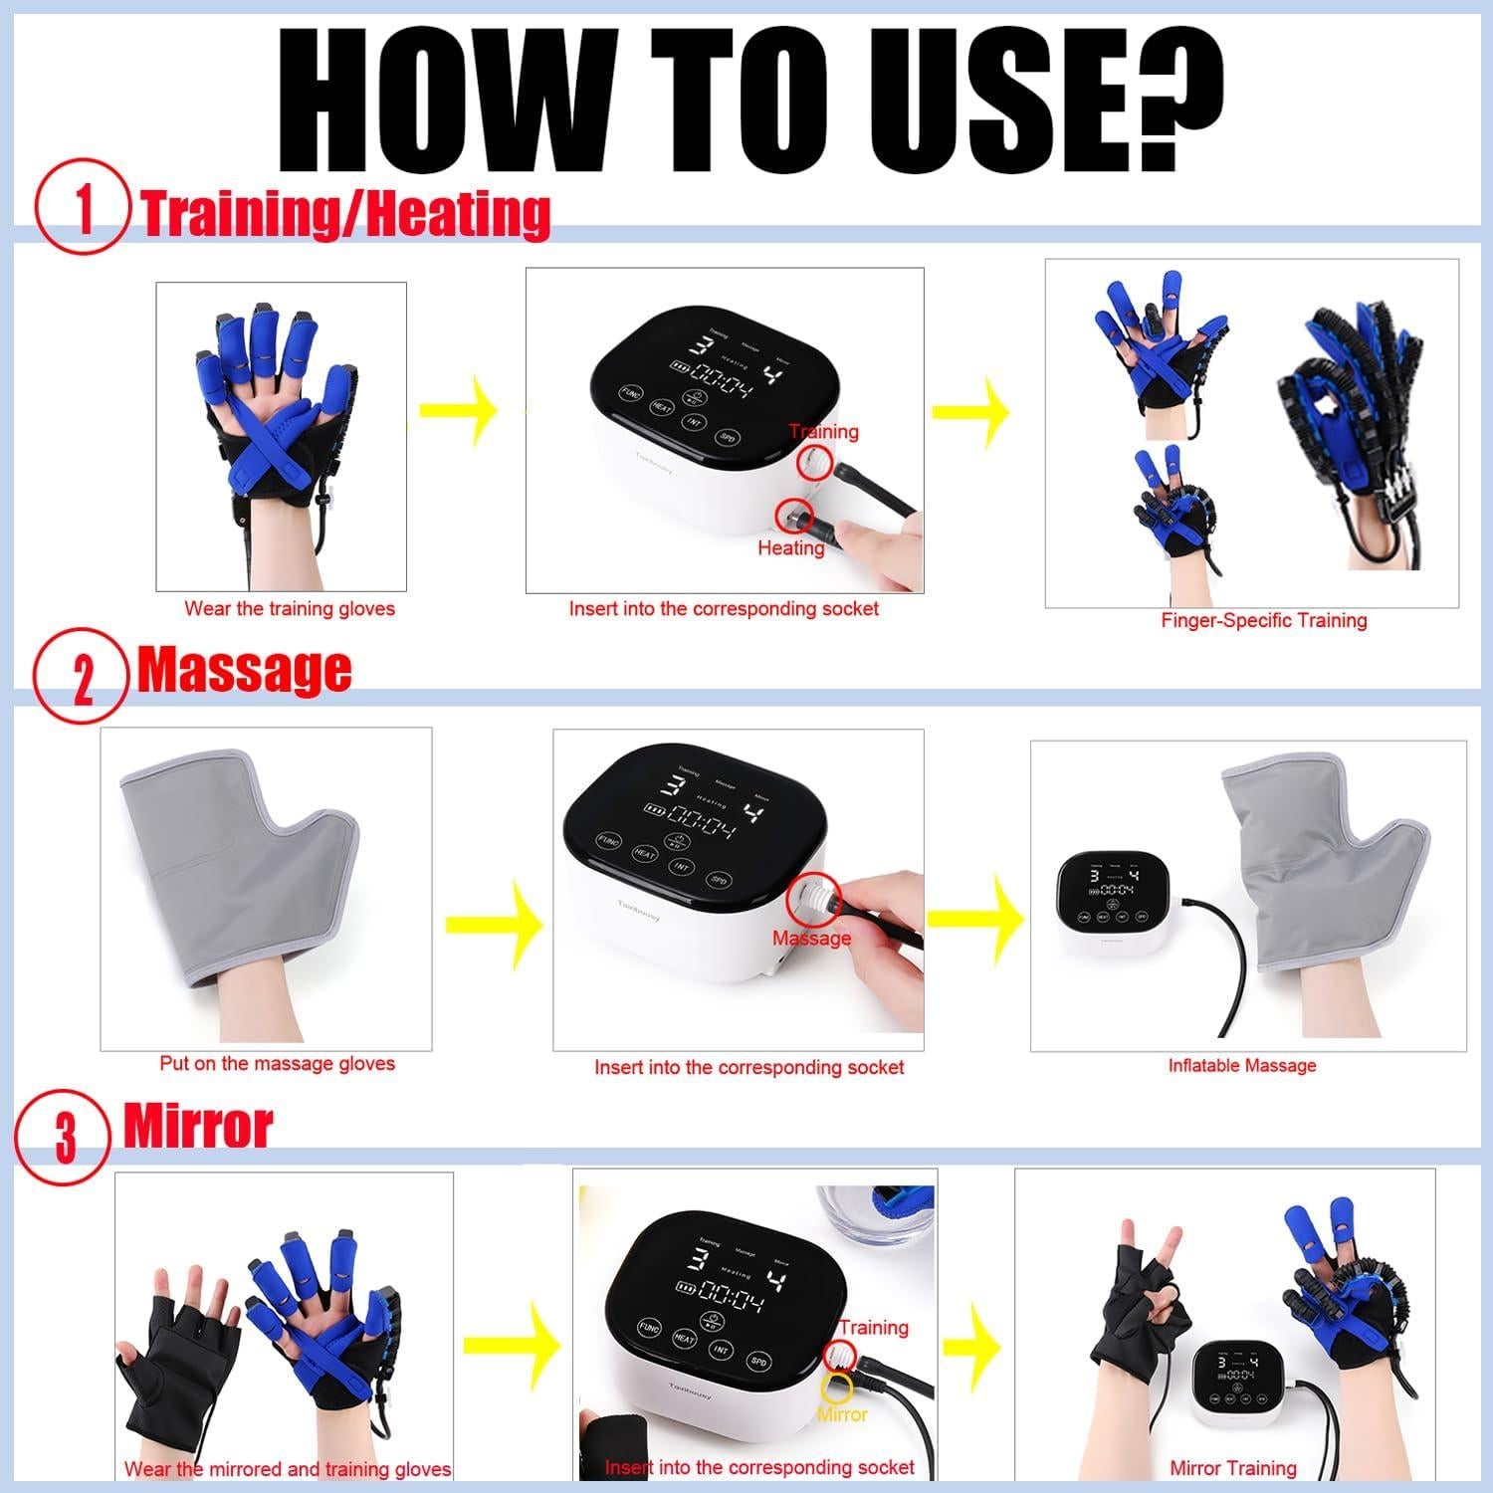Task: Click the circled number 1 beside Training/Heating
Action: [83, 210]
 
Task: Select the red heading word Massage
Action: [244, 669]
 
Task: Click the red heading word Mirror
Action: [197, 1127]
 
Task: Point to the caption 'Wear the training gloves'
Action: [290, 609]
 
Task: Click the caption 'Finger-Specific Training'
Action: [1263, 620]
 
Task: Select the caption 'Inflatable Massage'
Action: [1241, 1065]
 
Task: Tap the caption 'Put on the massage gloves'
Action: [277, 1063]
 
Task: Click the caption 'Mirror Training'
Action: [1232, 1468]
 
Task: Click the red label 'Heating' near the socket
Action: [791, 547]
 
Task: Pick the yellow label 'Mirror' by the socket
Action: [842, 1414]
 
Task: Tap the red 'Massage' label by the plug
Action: [811, 938]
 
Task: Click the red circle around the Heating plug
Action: [793, 516]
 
